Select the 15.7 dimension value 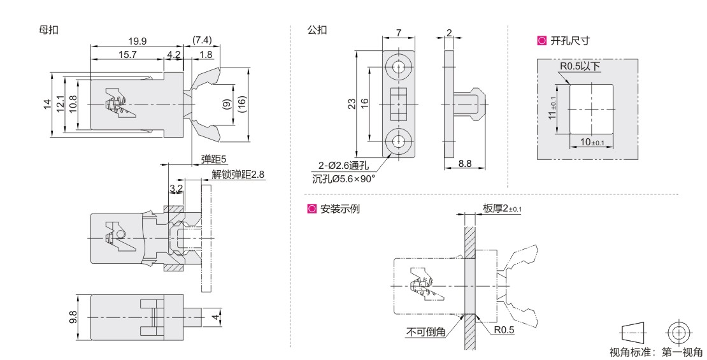127,55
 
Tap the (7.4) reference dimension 203,41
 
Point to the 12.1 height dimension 61,104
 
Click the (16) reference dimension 242,104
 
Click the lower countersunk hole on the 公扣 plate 399,141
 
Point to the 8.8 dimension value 465,164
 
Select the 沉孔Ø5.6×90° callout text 344,178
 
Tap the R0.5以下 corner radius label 580,66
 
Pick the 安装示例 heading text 339,208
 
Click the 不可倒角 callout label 426,331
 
